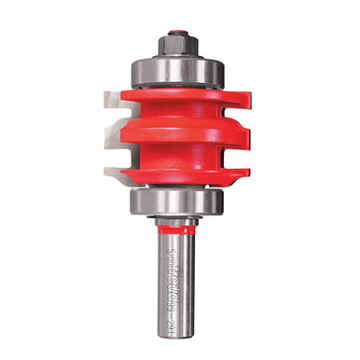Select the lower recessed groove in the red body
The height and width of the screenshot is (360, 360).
pyautogui.click(x=177, y=156)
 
